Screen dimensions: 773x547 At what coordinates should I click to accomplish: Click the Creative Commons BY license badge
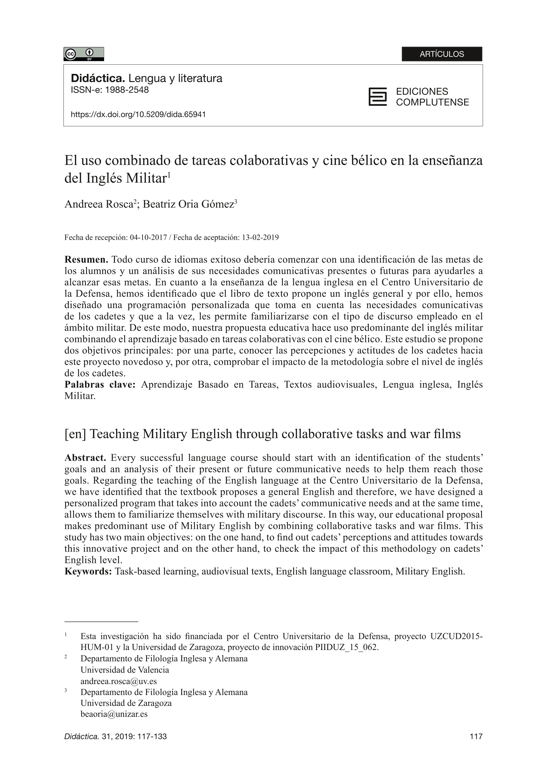click(83, 54)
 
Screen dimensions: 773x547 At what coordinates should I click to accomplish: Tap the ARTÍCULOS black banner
click(442, 54)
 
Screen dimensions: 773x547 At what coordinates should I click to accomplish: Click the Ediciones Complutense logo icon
click(377, 97)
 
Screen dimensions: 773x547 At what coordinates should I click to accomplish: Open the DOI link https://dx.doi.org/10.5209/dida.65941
click(138, 114)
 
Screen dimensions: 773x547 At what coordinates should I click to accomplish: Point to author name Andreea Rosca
click(99, 204)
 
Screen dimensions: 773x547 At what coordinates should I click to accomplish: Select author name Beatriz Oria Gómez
click(188, 204)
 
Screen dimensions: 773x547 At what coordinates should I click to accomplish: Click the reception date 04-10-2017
click(149, 237)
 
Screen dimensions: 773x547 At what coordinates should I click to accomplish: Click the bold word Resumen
click(86, 260)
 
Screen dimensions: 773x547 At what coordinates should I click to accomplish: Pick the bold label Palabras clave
click(100, 385)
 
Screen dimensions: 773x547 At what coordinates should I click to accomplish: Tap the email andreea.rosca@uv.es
click(119, 681)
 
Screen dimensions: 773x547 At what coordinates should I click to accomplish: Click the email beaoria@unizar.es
click(114, 714)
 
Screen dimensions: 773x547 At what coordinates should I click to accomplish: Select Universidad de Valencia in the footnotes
click(125, 670)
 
